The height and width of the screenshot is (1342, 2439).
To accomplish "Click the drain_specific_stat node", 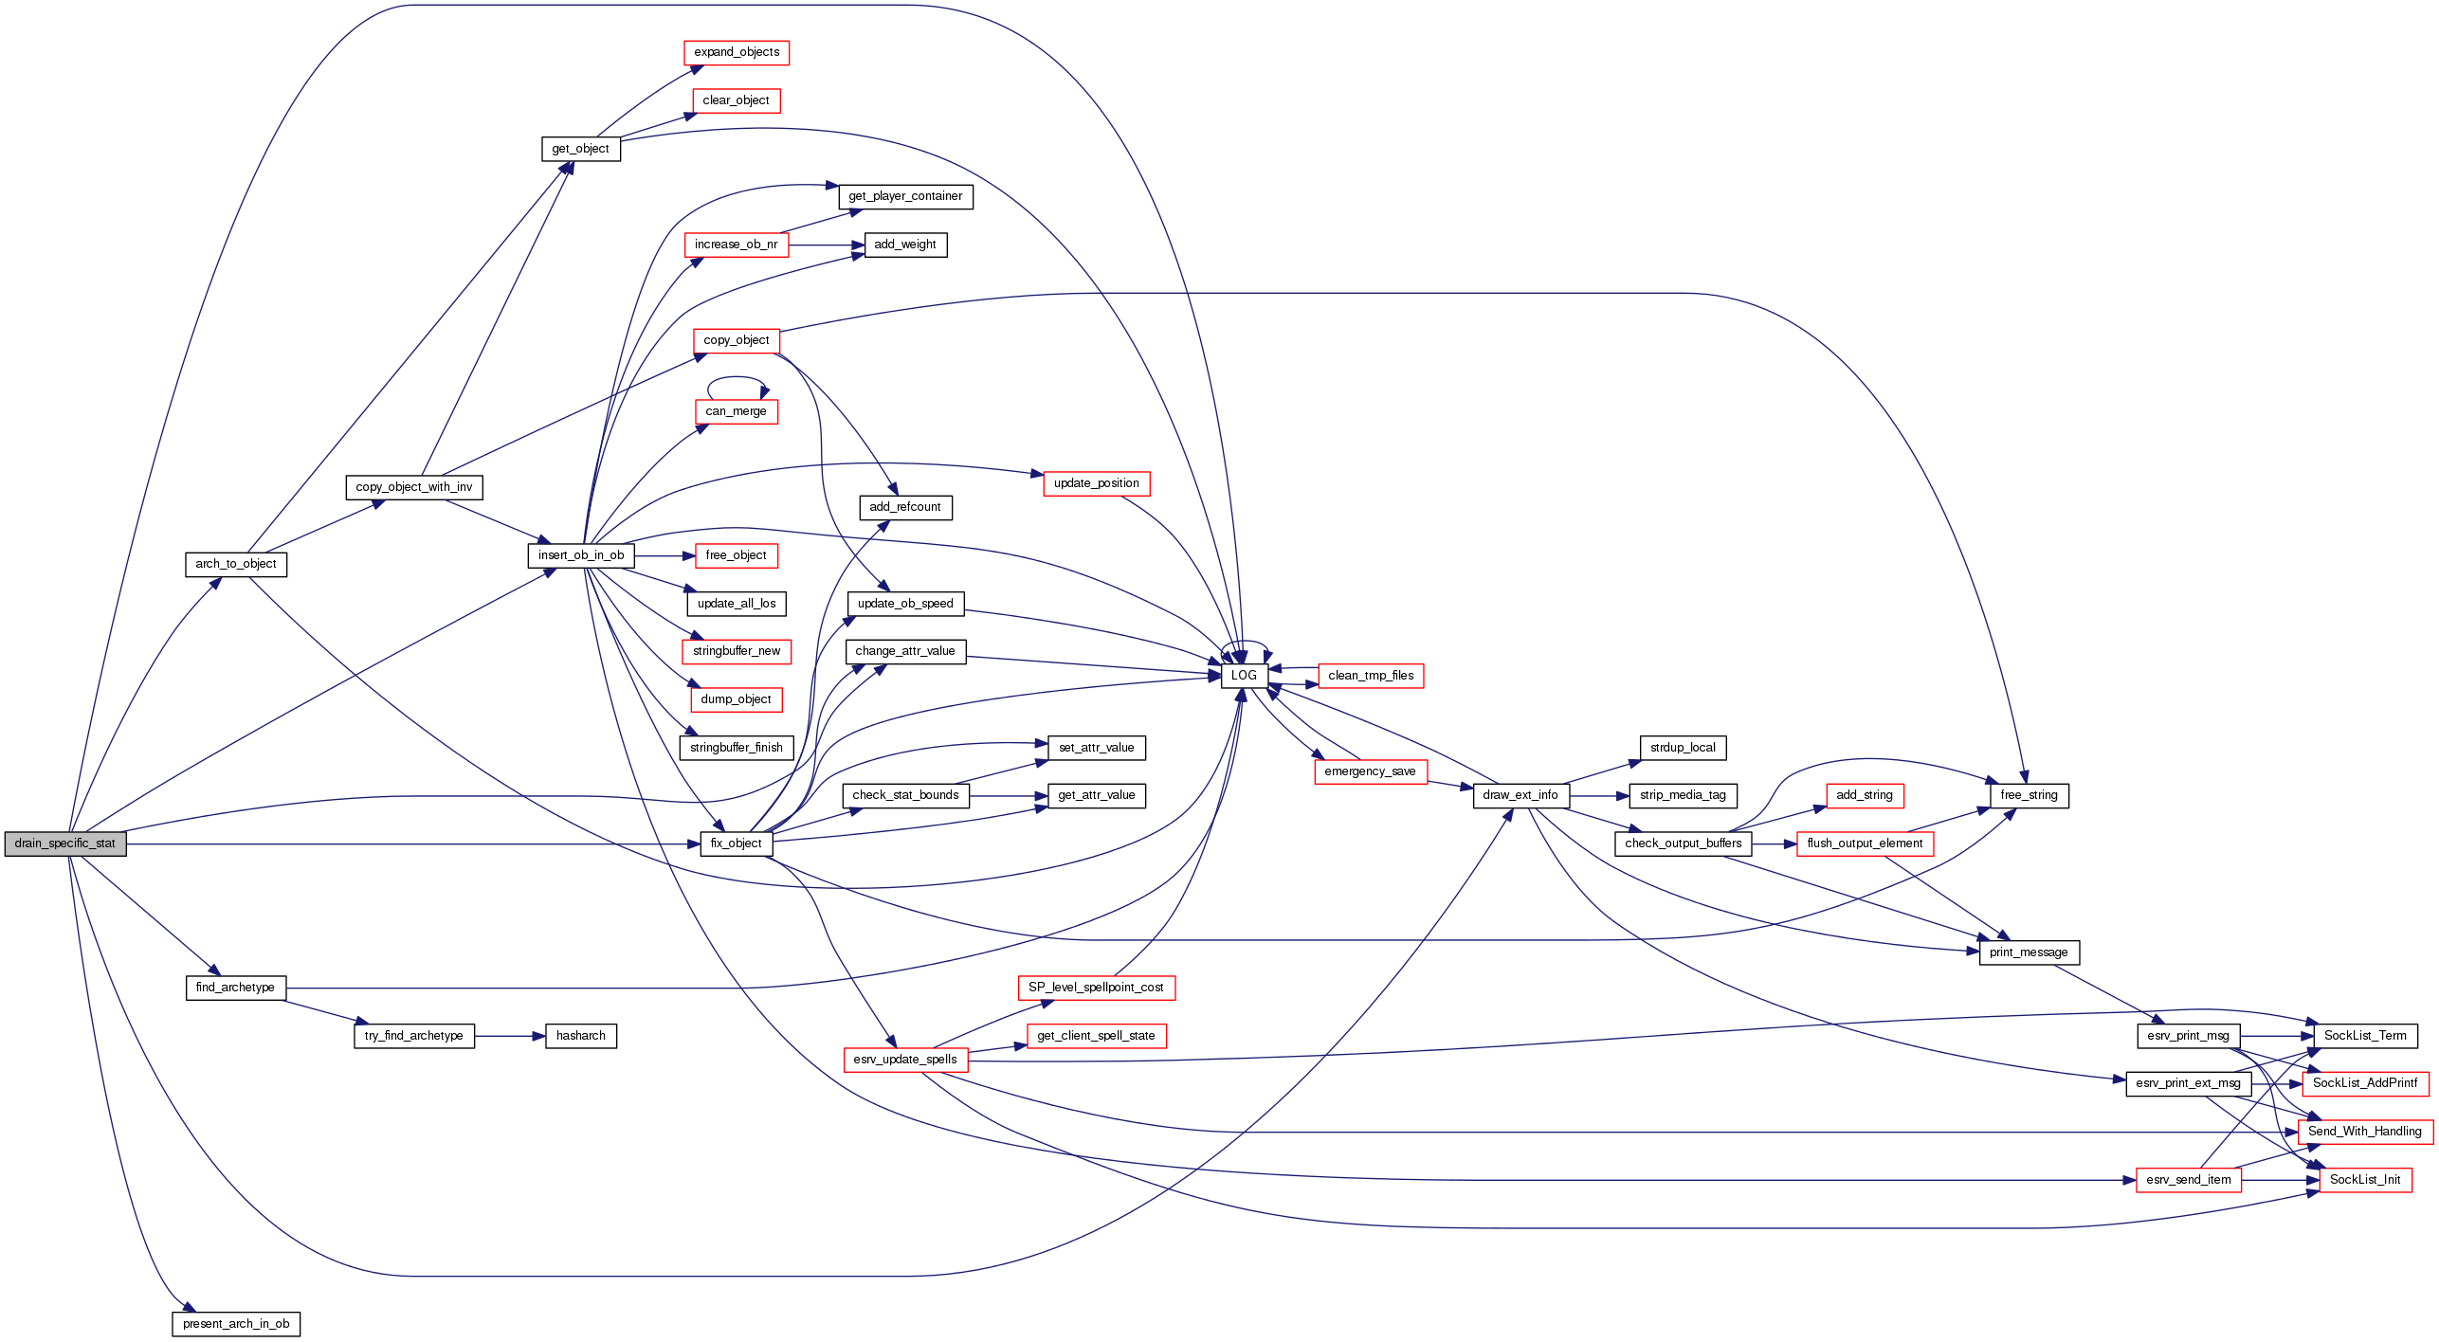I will pos(64,843).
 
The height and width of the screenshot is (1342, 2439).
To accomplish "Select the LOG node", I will pos(1244,676).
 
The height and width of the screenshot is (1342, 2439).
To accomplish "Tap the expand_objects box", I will pos(737,52).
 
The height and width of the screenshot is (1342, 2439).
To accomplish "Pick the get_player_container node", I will pos(905,196).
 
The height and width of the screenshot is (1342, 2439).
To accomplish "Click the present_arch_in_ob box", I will pos(236,1324).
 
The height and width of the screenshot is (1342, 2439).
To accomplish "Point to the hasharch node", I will pos(581,1036).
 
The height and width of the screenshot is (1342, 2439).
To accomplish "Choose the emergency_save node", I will pos(1370,771).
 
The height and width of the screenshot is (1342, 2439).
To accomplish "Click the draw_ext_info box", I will pos(1520,795).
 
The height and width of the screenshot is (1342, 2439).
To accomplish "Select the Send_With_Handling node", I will pos(2365,1132).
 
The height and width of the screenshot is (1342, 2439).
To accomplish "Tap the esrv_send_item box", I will pos(2189,1180).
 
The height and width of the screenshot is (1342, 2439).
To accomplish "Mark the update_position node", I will pos(1097,483).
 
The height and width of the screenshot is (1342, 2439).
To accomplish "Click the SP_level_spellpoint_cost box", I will pos(1096,988).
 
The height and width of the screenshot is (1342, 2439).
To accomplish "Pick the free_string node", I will pos(2029,795).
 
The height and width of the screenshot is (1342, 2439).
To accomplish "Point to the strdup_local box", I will pos(1683,748).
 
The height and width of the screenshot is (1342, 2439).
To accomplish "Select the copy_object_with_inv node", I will pos(414,487).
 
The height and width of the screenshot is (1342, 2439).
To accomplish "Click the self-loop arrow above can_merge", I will pos(736,378).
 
